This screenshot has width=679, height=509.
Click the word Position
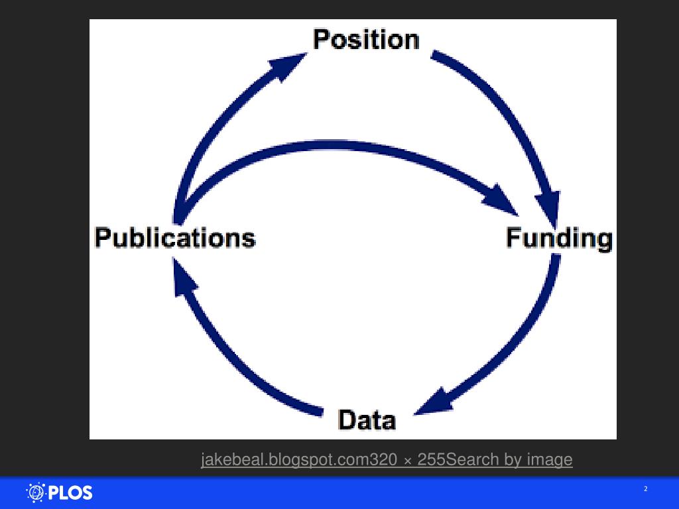click(x=366, y=40)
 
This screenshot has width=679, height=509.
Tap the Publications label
click(x=175, y=237)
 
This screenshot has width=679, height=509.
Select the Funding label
click(x=559, y=238)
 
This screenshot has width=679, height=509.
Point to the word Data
click(x=367, y=420)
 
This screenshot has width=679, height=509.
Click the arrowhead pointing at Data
click(x=434, y=404)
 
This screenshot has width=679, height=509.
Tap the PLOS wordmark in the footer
click(x=70, y=493)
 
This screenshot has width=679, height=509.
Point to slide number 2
click(x=645, y=489)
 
